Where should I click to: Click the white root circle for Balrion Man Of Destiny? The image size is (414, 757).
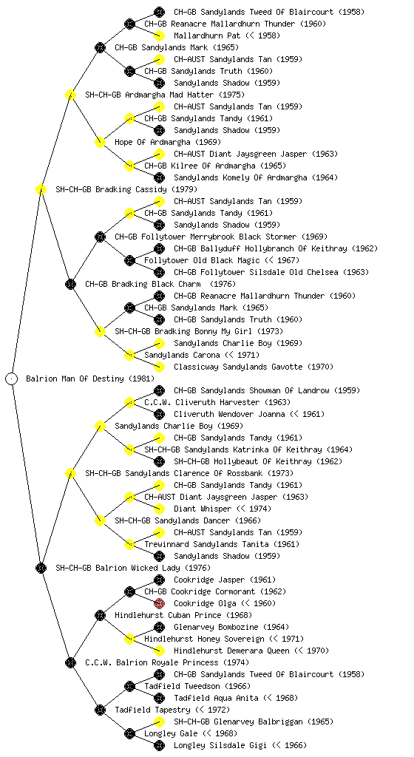[12, 378]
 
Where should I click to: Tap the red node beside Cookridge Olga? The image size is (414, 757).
[159, 603]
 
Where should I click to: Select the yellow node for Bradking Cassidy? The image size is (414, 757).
[41, 189]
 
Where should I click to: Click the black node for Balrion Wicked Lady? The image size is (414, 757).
[41, 568]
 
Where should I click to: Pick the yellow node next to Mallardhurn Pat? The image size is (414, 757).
[159, 35]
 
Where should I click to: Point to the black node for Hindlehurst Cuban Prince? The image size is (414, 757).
[100, 615]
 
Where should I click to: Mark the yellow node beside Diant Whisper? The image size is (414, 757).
[159, 509]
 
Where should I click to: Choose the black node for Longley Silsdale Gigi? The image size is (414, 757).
[159, 745]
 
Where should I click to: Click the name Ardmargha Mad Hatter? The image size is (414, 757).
[169, 95]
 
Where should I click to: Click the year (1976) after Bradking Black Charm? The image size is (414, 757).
[223, 284]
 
